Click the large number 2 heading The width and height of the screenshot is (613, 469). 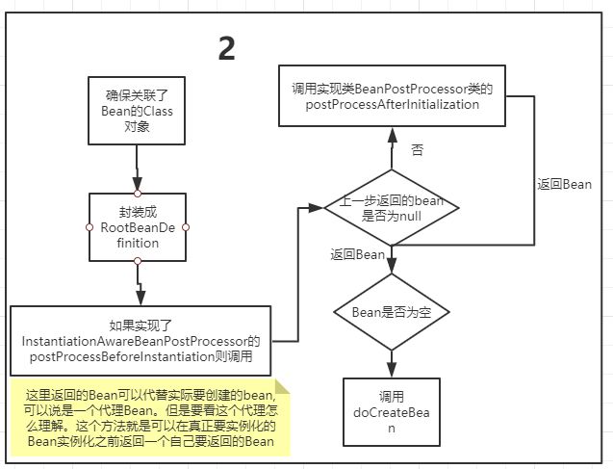pos(227,48)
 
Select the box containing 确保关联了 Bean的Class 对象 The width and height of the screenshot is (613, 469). pos(137,111)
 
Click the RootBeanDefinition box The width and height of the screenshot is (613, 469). pos(138,227)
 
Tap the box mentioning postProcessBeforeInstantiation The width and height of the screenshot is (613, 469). pos(140,341)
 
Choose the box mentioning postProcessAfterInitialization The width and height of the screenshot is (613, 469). pos(392,96)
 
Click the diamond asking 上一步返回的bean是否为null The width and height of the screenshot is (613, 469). pos(392,208)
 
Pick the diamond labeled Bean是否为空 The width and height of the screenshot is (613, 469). pos(392,312)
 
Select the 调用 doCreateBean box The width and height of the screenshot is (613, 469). pos(392,412)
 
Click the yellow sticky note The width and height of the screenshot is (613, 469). pos(150,417)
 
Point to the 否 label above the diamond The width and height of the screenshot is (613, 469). pos(417,150)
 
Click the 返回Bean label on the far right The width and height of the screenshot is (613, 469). pos(564,184)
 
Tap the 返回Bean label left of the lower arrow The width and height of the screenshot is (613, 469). pos(358,254)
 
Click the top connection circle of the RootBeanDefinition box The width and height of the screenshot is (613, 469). pos(138,194)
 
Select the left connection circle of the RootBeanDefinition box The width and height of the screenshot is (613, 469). pos(89,227)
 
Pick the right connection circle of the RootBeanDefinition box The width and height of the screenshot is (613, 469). pos(186,227)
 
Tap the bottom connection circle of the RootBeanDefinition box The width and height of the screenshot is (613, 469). pos(138,261)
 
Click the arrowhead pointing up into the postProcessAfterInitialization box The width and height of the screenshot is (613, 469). pos(392,135)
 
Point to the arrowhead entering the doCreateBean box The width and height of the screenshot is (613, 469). pos(392,370)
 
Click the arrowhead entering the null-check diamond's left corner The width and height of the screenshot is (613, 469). pos(317,208)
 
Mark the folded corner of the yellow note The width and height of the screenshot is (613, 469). pos(282,386)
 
